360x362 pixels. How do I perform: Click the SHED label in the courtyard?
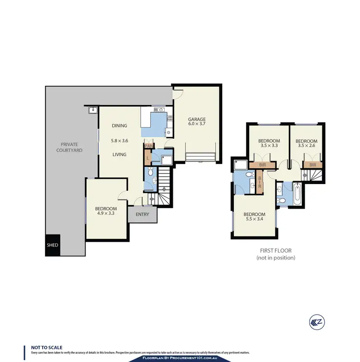[52, 245]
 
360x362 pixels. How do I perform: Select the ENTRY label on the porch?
[143, 215]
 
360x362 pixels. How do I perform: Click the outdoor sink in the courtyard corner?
[93, 111]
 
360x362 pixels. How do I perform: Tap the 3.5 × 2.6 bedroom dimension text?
[307, 145]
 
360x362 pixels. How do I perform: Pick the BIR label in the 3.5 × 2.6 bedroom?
[312, 164]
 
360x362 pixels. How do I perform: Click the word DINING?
[120, 126]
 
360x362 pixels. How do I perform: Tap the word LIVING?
[120, 154]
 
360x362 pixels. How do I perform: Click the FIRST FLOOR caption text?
[275, 250]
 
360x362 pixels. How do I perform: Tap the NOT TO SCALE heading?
[47, 347]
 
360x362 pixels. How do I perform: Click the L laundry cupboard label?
[147, 157]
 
